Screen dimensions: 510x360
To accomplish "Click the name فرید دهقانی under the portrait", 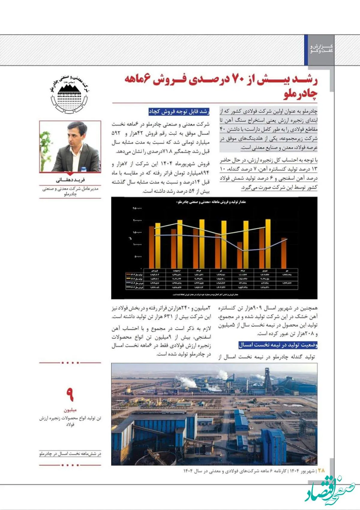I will [x=70, y=180].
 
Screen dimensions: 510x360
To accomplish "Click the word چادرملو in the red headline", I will [x=300, y=94].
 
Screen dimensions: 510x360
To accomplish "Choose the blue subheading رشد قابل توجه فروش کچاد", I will [x=179, y=112].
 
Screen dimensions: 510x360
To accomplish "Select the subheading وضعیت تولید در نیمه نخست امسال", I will [x=278, y=345].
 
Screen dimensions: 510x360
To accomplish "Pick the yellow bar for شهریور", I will [x=268, y=244].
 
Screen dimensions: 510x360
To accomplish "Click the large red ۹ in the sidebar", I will [x=70, y=394].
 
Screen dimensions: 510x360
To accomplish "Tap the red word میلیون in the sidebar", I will [x=70, y=410].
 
